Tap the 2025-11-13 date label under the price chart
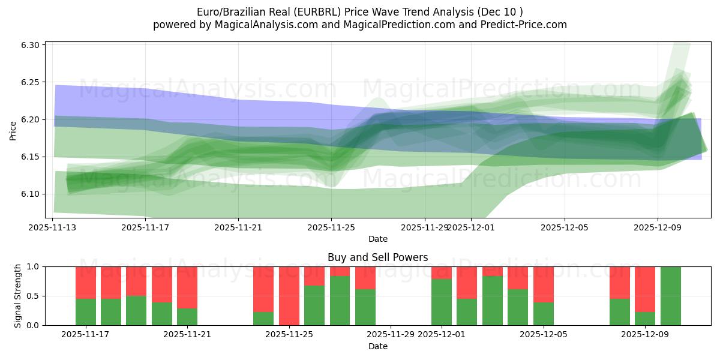[52, 227]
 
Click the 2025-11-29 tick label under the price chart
[424, 227]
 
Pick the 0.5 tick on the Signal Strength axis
[33, 296]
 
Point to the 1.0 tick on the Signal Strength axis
[33, 266]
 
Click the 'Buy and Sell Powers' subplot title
[377, 257]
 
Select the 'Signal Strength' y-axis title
[18, 296]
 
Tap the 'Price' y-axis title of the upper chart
[13, 130]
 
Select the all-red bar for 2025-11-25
[289, 296]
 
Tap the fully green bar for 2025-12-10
[671, 296]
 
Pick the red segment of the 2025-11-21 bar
[187, 287]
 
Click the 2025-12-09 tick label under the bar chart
[645, 335]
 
